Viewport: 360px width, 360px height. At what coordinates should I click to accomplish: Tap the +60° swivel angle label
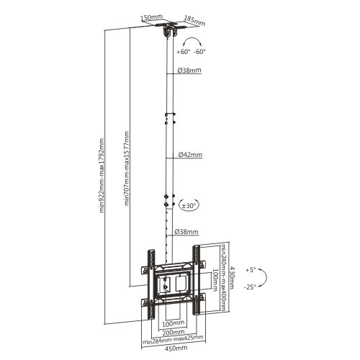183,52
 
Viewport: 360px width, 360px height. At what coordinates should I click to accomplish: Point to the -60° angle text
199,52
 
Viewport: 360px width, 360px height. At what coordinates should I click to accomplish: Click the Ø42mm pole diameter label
189,155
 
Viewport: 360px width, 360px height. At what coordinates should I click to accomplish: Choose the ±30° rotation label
189,205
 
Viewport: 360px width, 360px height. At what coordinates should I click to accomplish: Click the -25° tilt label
251,287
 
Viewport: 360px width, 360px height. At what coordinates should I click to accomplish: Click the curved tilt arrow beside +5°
264,279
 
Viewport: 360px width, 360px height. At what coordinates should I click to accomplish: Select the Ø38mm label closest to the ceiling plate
189,71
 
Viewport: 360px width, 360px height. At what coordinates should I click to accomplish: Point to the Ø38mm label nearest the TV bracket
189,232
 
